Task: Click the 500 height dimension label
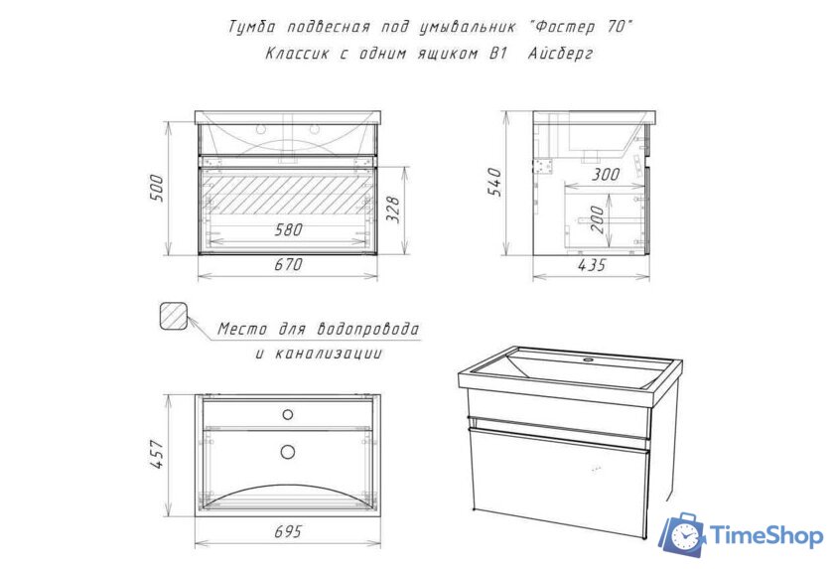coord(158,188)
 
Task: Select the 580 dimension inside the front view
coord(288,229)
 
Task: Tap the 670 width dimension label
coord(288,264)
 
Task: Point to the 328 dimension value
coord(392,209)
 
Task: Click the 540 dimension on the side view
coord(494,182)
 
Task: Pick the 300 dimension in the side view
coord(606,174)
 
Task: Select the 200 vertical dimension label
coord(598,219)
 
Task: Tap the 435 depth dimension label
coord(592,265)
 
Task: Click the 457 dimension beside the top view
coord(158,454)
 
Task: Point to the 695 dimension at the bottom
coord(288,531)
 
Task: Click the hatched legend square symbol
coord(174,317)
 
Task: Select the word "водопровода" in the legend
coord(368,329)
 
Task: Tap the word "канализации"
coord(329,354)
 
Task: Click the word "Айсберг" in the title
coord(561,54)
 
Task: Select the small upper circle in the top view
coord(288,414)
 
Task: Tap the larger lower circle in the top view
coord(288,452)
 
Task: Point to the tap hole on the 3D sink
coord(588,360)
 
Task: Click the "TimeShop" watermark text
coord(766,535)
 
